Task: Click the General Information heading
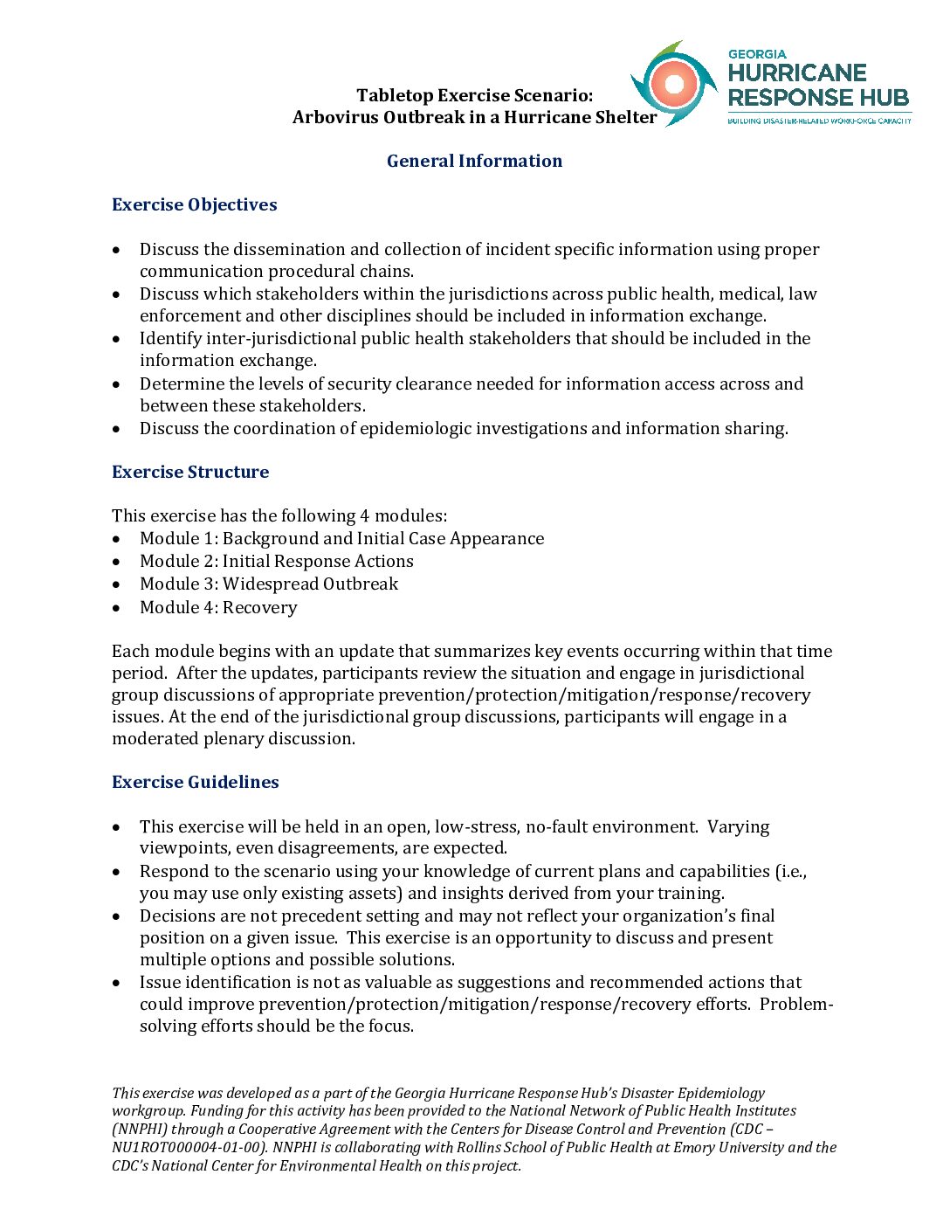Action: (474, 161)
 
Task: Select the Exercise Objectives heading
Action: (194, 204)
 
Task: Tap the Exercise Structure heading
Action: (190, 472)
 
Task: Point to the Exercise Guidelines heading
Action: (195, 782)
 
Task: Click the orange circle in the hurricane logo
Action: (673, 84)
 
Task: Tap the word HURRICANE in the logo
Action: (797, 73)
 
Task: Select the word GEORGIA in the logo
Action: (757, 54)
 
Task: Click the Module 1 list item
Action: (341, 538)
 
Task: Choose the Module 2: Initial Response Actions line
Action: (276, 561)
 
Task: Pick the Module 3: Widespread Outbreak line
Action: (268, 584)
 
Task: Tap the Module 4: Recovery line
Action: (218, 607)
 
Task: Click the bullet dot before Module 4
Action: (117, 607)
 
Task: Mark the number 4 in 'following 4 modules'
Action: (365, 515)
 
